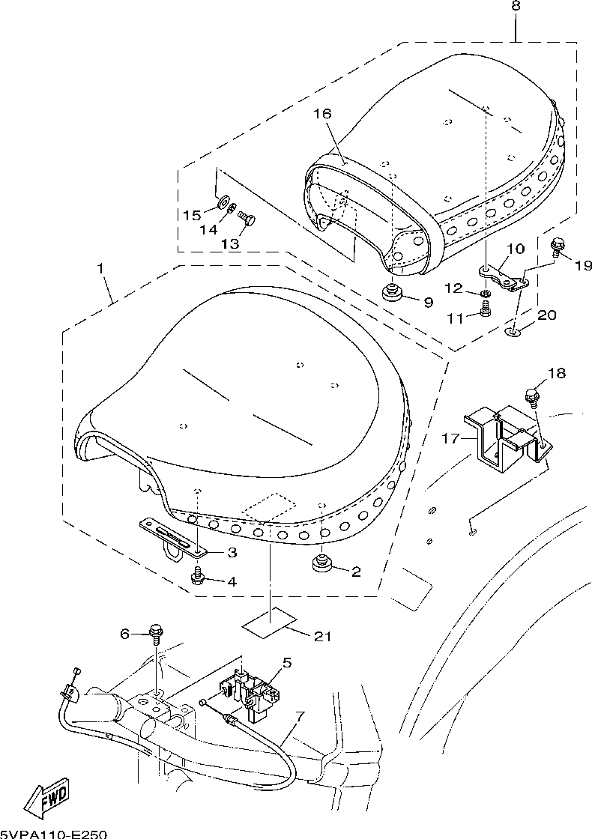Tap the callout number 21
click(x=323, y=636)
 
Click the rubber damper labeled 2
click(x=321, y=564)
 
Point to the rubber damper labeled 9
click(x=393, y=294)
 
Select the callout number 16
click(x=322, y=113)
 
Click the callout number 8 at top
click(x=515, y=6)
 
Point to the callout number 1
click(x=100, y=268)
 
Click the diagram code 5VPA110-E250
click(x=53, y=835)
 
